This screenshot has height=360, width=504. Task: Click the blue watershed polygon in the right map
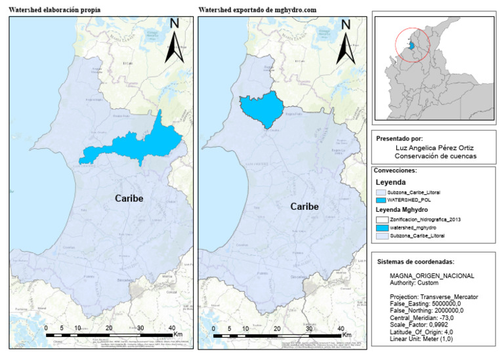pyautogui.click(x=261, y=109)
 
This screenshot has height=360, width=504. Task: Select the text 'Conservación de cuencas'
pyautogui.click(x=435, y=156)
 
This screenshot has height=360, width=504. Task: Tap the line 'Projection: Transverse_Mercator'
pyautogui.click(x=434, y=297)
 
